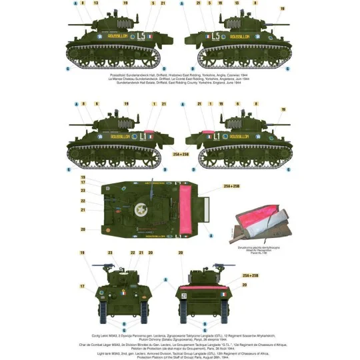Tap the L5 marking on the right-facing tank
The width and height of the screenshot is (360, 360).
pyautogui.click(x=215, y=37)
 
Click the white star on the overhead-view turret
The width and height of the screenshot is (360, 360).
pyautogui.click(x=142, y=211)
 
